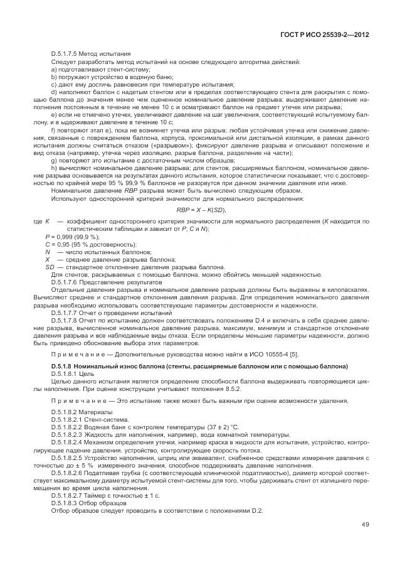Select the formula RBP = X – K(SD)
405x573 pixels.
pos(201,209)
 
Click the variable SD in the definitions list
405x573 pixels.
pos(50,267)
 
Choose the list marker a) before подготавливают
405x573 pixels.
pos(54,70)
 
